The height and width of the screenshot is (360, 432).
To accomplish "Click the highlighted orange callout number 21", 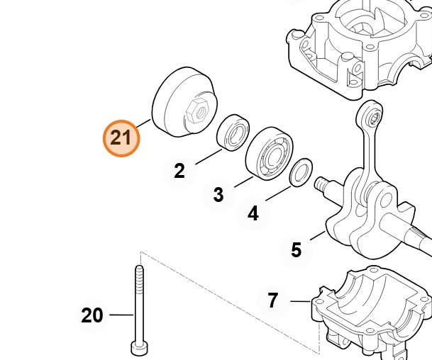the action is click(121, 138).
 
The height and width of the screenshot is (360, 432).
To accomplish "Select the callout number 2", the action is click(179, 171).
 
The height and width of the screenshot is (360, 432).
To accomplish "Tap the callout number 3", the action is click(218, 195).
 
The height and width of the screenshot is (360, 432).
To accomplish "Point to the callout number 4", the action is click(253, 213).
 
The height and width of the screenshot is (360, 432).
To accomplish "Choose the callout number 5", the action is click(297, 250).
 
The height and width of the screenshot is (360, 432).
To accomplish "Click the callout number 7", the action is click(272, 300).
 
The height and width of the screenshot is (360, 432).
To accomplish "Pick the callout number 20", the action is click(92, 315).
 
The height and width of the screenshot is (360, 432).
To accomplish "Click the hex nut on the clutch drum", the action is click(196, 111).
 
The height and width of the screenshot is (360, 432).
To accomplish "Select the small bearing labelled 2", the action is click(233, 133).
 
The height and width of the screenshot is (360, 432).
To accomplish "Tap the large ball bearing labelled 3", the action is click(269, 154).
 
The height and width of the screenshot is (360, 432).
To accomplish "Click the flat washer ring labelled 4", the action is click(301, 173).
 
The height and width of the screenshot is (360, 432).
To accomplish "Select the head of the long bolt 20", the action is click(139, 348).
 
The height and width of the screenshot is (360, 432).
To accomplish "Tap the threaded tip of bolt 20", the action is click(139, 271).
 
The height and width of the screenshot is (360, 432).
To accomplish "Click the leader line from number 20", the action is click(121, 315).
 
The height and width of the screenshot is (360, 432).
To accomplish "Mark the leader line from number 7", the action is click(301, 301).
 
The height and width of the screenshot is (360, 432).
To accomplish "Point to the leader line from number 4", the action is click(278, 193).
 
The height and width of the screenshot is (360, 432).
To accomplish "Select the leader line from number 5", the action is click(318, 236).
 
